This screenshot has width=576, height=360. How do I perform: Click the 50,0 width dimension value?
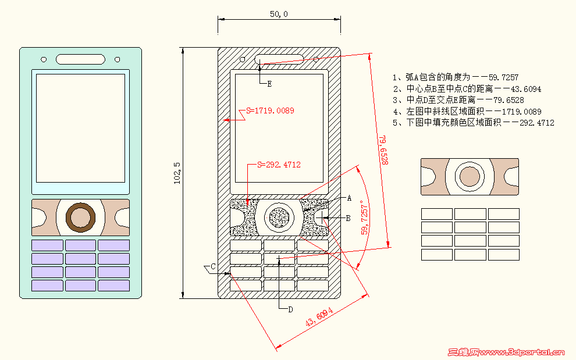click(279, 14)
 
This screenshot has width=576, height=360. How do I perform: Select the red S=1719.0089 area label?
click(270, 111)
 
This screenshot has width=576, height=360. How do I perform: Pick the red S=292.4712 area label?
click(279, 165)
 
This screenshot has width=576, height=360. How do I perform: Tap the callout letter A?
click(349, 198)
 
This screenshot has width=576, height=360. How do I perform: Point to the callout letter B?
click(348, 218)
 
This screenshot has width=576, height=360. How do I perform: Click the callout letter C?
click(213, 266)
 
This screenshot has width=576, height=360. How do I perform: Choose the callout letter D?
click(290, 309)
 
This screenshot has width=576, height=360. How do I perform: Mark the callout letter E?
click(269, 84)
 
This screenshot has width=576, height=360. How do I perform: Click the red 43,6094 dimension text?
click(319, 318)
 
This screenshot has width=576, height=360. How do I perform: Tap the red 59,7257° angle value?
click(365, 218)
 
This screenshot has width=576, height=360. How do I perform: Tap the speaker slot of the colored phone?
click(81, 59)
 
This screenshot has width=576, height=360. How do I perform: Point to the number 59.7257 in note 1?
click(503, 77)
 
